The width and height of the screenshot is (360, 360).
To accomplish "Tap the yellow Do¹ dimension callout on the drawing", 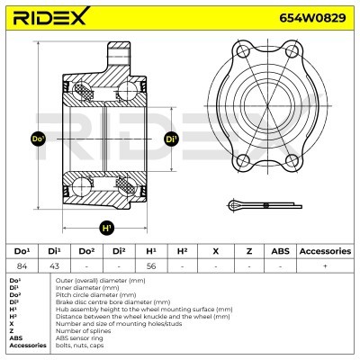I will (x=38, y=140).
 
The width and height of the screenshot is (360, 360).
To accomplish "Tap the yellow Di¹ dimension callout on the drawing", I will (x=171, y=139).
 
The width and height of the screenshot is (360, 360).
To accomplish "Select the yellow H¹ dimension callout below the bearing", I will (x=106, y=226).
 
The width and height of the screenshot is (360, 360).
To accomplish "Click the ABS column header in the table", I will (x=280, y=251).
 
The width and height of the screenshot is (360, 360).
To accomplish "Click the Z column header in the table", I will (x=247, y=251).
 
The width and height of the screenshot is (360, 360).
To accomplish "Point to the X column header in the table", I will (x=214, y=251).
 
